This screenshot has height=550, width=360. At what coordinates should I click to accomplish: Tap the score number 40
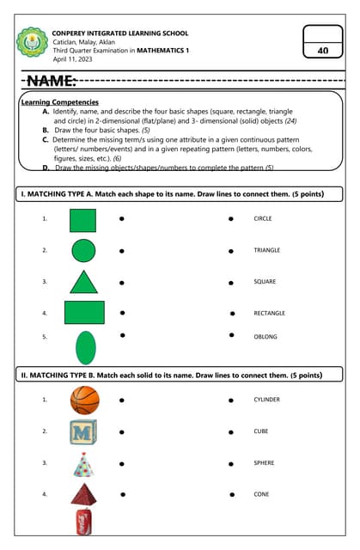point(323,51)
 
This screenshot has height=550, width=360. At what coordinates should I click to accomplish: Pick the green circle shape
point(83,251)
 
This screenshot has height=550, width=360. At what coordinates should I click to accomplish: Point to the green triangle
point(83,282)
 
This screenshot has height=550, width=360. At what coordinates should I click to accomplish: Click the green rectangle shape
point(84,313)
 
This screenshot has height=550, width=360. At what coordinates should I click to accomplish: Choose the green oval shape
point(85,347)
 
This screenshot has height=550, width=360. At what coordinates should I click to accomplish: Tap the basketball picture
point(84,400)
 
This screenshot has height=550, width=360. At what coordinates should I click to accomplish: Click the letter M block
point(83,431)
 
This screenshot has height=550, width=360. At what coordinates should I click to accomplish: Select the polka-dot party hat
point(83,465)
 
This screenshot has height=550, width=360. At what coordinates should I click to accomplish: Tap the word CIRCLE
point(263,219)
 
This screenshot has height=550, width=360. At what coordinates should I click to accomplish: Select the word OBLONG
point(265,337)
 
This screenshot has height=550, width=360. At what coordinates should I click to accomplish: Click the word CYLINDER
point(266,400)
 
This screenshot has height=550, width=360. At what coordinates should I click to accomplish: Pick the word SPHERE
point(264,463)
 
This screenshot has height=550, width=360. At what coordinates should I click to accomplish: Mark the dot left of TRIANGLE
point(231,251)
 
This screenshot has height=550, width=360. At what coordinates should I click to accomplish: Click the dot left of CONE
point(231,494)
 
